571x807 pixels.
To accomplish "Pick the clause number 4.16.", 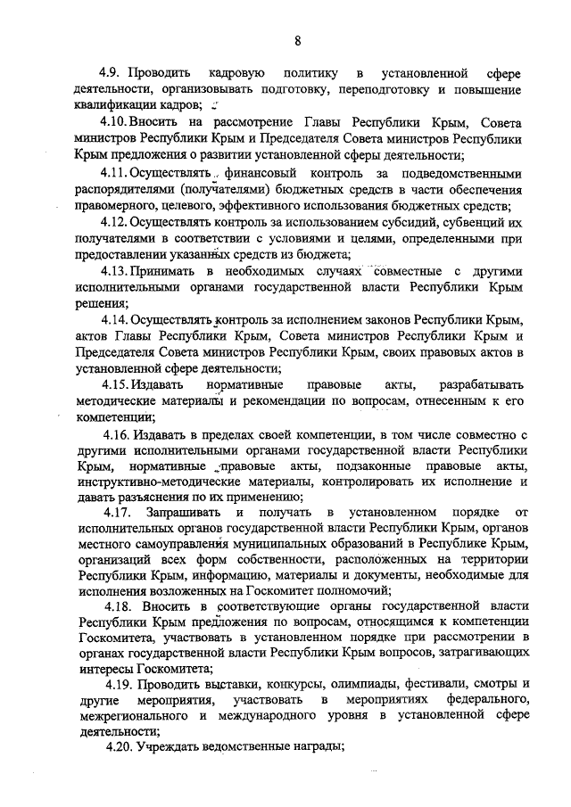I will pyautogui.click(x=116, y=434).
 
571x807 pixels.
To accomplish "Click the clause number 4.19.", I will pyautogui.click(x=117, y=684).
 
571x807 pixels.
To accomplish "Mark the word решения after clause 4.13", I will pyautogui.click(x=103, y=303).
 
